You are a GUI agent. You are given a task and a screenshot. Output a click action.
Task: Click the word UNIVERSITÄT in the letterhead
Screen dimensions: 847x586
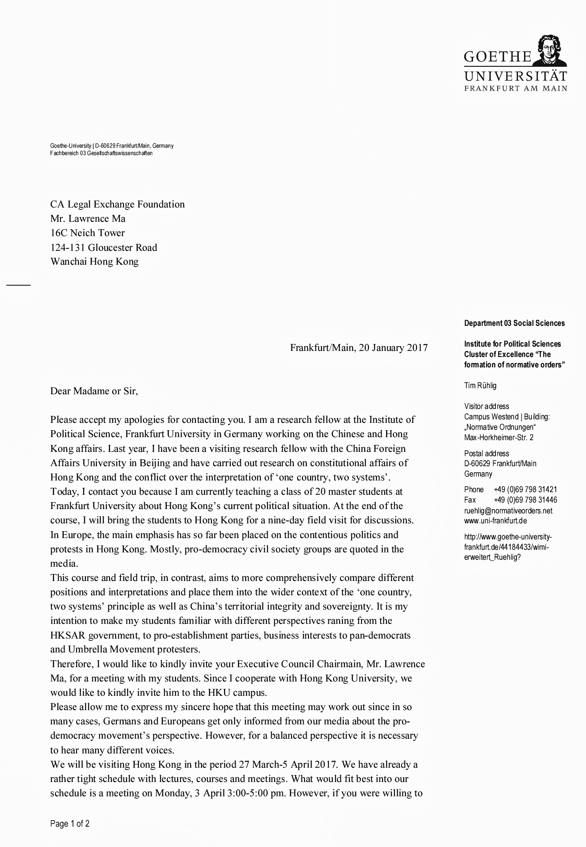(x=515, y=76)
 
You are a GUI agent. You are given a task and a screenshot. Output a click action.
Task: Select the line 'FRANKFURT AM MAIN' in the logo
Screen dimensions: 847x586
(x=515, y=88)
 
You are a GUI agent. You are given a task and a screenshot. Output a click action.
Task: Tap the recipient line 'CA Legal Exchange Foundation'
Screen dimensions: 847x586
(x=117, y=204)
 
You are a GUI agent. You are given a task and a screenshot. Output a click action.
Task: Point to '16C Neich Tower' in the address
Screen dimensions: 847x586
(x=87, y=233)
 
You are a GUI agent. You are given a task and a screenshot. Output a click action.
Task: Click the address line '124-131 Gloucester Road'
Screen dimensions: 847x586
(x=104, y=247)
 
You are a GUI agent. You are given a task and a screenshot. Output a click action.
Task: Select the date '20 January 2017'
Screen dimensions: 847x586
(x=393, y=347)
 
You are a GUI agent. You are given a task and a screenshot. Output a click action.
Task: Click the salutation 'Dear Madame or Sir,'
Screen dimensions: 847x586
(x=94, y=391)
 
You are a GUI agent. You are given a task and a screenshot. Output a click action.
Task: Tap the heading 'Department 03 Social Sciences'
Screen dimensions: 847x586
(x=514, y=323)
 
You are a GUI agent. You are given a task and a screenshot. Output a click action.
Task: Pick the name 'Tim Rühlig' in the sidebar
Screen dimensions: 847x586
(x=480, y=386)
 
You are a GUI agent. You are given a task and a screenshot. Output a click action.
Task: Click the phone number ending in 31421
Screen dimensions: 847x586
(x=525, y=490)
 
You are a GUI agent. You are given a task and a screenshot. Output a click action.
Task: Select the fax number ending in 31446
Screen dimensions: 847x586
(x=525, y=500)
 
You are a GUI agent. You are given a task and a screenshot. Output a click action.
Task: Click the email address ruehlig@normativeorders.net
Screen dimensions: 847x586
(x=508, y=510)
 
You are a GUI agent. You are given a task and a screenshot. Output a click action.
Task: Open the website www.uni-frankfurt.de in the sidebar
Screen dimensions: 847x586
(x=495, y=521)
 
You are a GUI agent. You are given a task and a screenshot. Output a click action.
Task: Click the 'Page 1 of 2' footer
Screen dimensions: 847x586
(x=70, y=824)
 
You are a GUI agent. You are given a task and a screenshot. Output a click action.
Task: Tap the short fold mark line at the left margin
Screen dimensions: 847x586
(x=18, y=285)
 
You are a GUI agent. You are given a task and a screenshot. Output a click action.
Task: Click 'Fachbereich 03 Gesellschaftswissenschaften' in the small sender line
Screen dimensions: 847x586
(x=101, y=153)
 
